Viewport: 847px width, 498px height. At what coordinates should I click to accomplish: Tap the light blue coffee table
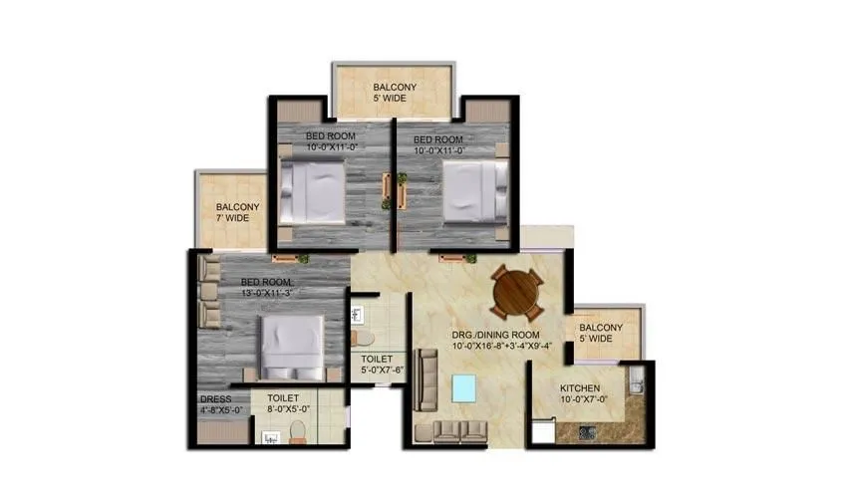[465, 387]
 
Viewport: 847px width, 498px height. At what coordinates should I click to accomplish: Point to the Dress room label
[216, 399]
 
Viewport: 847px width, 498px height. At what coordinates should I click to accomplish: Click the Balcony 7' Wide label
[237, 212]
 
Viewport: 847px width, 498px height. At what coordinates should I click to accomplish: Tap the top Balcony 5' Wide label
[395, 93]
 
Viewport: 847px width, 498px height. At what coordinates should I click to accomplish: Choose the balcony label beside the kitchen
[601, 334]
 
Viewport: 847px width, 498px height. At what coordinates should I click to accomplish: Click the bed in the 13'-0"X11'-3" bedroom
[292, 347]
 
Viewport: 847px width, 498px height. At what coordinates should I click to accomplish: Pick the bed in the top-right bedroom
[471, 192]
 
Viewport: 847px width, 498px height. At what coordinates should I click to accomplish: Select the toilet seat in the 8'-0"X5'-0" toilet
[296, 431]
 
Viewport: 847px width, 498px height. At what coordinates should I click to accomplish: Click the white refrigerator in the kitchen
[544, 432]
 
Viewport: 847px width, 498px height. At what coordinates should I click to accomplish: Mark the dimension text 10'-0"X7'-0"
[583, 400]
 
